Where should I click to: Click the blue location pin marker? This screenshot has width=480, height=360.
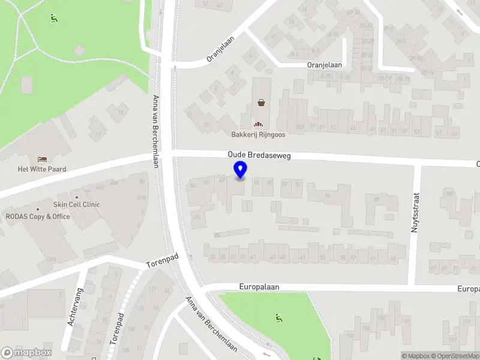coord(241,170)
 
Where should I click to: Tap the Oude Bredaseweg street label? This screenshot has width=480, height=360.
coord(259,155)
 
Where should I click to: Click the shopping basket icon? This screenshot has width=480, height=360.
coord(262,102)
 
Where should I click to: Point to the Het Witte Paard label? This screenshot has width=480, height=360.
coord(42,169)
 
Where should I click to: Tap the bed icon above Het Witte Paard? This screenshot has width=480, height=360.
coord(42,159)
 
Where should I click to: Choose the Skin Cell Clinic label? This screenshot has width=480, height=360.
coord(77,205)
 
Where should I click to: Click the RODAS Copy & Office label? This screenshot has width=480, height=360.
coord(38,217)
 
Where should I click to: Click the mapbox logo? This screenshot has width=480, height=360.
coord(26,353)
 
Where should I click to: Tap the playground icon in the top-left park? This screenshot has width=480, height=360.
coord(54,18)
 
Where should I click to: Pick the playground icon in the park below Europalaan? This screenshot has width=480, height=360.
coord(278,317)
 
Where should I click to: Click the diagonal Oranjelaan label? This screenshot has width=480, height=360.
coord(220,47)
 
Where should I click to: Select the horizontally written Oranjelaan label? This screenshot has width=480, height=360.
coord(324,64)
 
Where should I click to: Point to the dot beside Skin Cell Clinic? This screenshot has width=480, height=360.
coord(77,197)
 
